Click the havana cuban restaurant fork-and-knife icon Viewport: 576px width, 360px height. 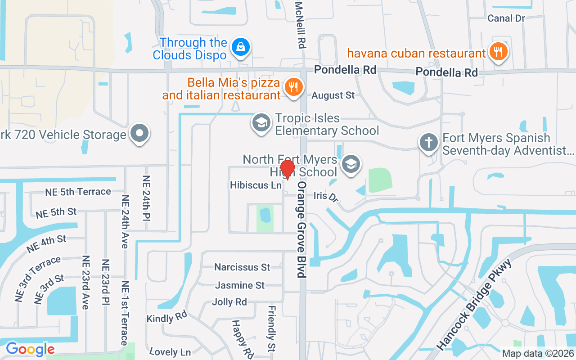pos(498,52)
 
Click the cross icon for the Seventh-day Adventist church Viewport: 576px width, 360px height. pos(429,143)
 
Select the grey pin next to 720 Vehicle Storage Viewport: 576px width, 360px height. pos(139,133)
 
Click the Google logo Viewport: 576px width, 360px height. pos(30,349)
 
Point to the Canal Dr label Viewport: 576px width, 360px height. pos(507,18)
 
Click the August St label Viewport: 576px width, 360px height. pos(333,95)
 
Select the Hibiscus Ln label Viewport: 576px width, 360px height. pos(256,185)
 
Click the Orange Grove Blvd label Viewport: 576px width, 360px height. pos(301,229)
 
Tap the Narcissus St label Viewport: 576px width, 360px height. pos(242,267)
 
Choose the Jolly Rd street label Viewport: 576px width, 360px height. pos(229,302)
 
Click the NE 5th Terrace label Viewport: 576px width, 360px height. pos(78,192)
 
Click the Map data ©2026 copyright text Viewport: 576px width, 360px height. pos(537,354)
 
